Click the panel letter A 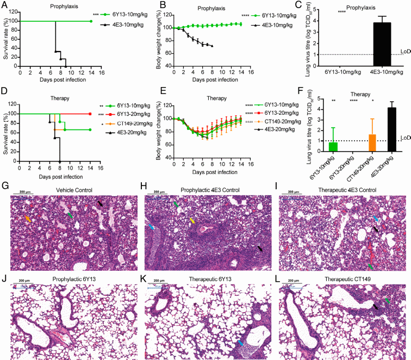click(x=4, y=4)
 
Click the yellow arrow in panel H click(x=192, y=220)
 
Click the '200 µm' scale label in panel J click(x=21, y=281)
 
